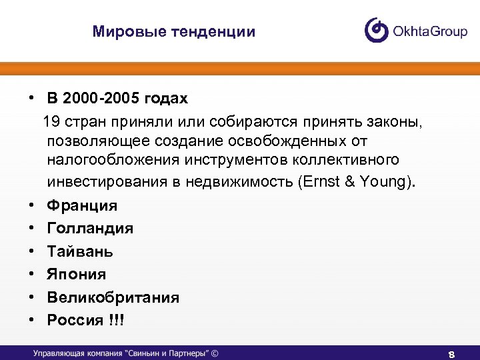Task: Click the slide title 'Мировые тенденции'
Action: point(173,32)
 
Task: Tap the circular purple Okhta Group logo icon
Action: point(376,30)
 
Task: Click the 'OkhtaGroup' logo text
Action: point(429,31)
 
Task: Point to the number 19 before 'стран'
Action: point(51,122)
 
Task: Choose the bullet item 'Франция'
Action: point(82,205)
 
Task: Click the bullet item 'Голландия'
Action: point(90,229)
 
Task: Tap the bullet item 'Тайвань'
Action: point(80,251)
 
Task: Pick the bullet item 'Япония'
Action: point(77,274)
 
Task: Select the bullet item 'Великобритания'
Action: point(113,297)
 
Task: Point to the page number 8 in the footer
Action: point(451,354)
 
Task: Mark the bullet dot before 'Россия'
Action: point(31,320)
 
